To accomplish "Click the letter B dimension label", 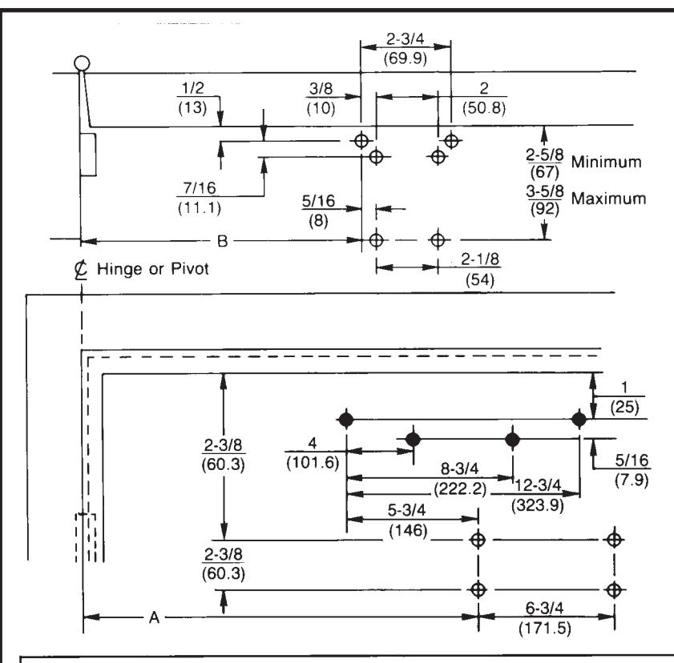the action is [x=222, y=241].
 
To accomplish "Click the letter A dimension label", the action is [x=155, y=618].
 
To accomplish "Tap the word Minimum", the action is [x=606, y=162].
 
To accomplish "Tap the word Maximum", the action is [x=608, y=199].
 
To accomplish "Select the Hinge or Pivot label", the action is [x=153, y=269].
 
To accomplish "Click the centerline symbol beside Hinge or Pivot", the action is [x=80, y=270].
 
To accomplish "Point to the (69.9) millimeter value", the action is [x=406, y=58].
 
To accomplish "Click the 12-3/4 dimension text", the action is [x=538, y=485].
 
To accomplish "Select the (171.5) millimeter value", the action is [x=545, y=629].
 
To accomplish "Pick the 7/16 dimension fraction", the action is [x=200, y=188].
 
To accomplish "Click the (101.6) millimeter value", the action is [x=313, y=463].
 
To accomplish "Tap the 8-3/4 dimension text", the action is [x=459, y=468].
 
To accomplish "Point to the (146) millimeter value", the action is [x=408, y=531].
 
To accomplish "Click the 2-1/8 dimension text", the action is [x=480, y=259].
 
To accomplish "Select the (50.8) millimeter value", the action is [x=484, y=107].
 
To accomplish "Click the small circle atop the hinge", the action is [x=82, y=63].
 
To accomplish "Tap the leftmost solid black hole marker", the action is [x=346, y=419].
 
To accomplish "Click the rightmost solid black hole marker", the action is [x=579, y=419].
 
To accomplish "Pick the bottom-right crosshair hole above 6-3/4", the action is [x=614, y=589].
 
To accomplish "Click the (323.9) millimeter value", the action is [x=537, y=505].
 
